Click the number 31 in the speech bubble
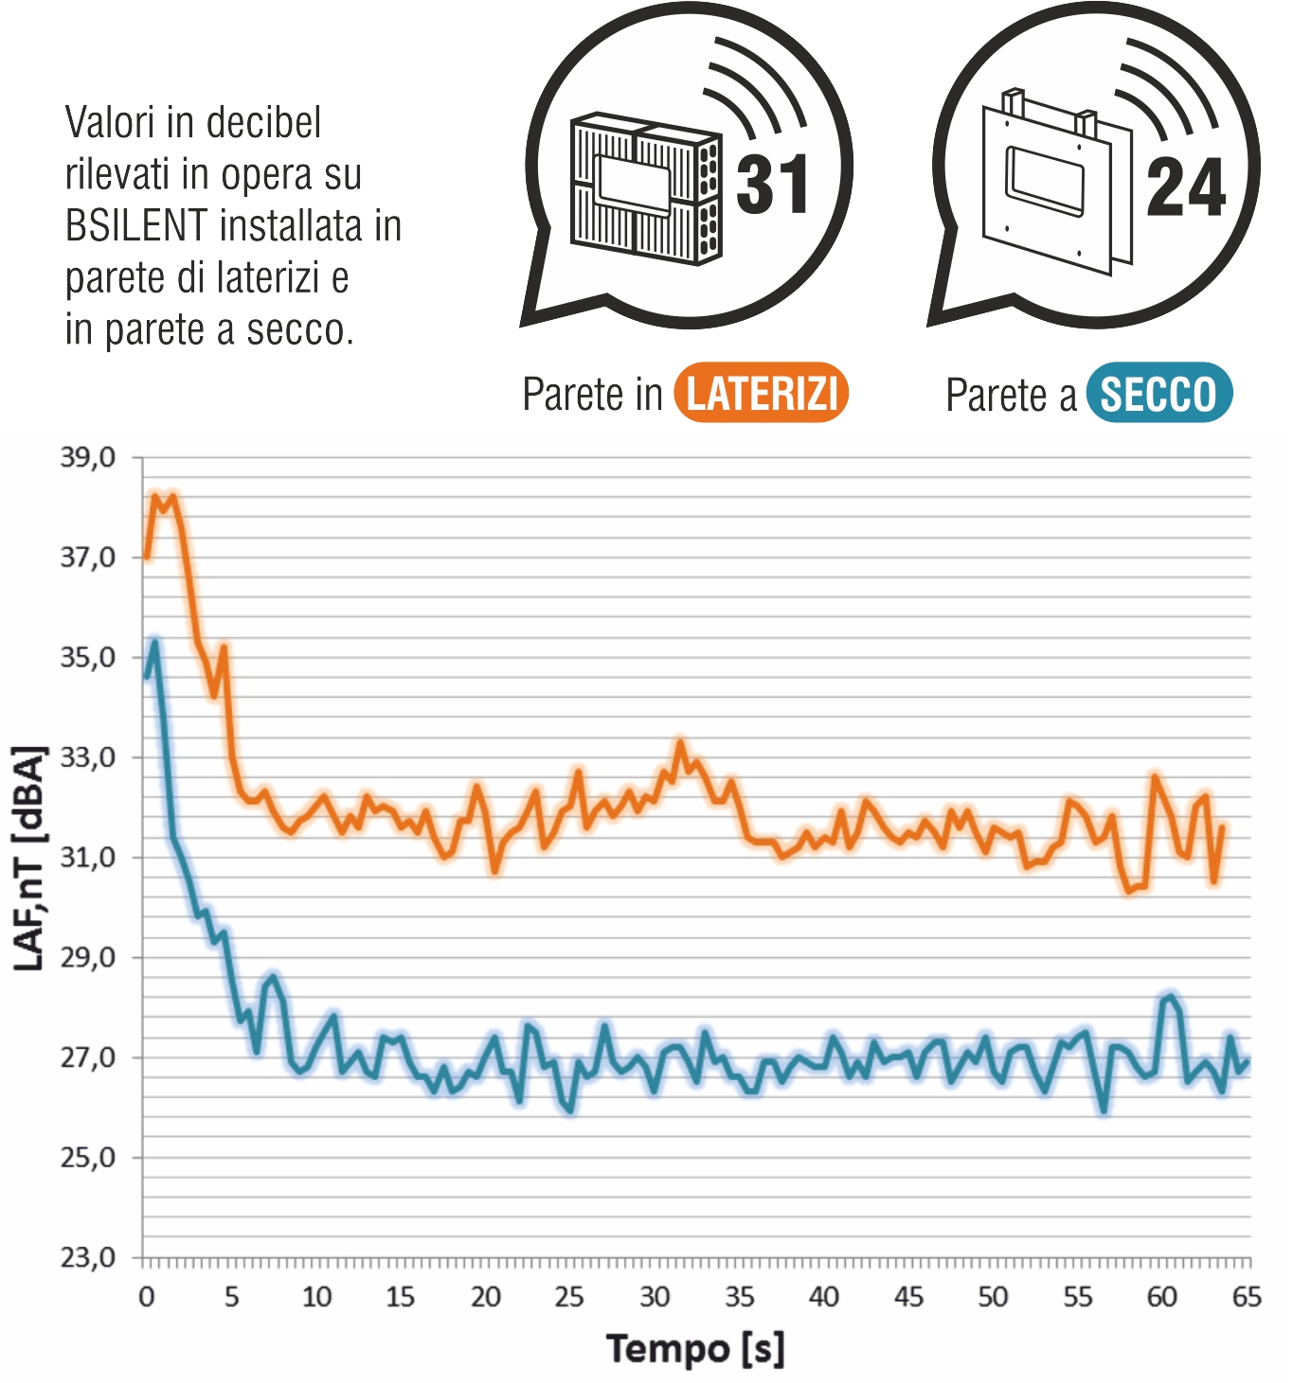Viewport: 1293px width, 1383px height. pyautogui.click(x=773, y=185)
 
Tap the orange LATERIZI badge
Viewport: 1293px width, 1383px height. pyautogui.click(x=761, y=393)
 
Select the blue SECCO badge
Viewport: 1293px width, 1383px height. pyautogui.click(x=1158, y=393)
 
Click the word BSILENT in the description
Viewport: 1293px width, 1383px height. pyautogui.click(x=136, y=226)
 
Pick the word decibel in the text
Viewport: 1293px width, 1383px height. pyautogui.click(x=263, y=123)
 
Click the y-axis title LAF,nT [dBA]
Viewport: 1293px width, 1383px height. pyautogui.click(x=30, y=858)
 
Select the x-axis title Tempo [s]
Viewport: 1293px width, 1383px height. pyautogui.click(x=695, y=1348)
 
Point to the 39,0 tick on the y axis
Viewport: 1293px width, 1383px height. pyautogui.click(x=88, y=458)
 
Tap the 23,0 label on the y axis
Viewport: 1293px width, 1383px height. pyautogui.click(x=88, y=1257)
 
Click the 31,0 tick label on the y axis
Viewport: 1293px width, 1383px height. pyautogui.click(x=88, y=858)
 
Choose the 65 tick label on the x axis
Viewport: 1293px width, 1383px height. pyautogui.click(x=1247, y=1297)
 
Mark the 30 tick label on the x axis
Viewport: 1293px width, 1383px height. pyautogui.click(x=655, y=1297)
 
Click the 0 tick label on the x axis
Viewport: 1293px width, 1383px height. pyautogui.click(x=147, y=1297)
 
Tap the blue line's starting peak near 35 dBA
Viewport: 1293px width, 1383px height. pyautogui.click(x=155, y=644)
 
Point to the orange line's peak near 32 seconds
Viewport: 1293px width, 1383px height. pyautogui.click(x=680, y=744)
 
